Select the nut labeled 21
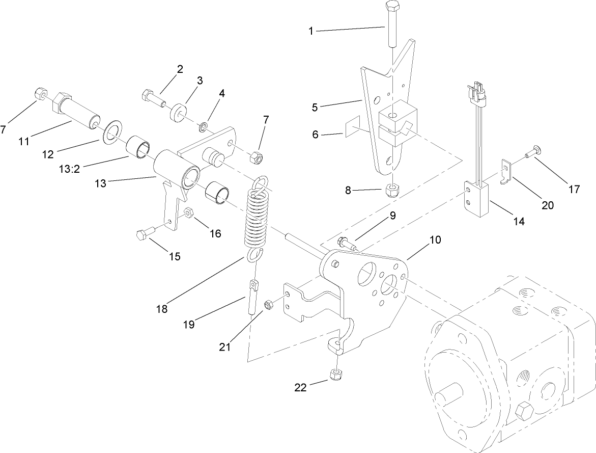pyautogui.click(x=269, y=305)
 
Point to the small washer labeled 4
pyautogui.click(x=203, y=125)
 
